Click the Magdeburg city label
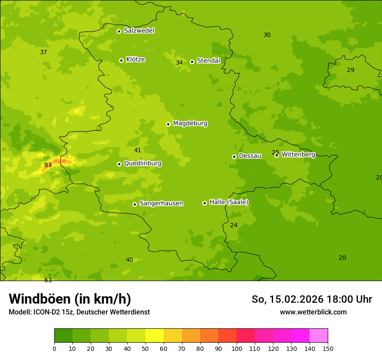190,124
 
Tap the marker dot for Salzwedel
119,31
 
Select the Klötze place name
135,60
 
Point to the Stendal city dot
192,62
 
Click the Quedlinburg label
142,164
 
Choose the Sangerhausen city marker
135,204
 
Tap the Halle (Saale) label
229,202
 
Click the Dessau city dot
234,157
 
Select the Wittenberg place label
298,154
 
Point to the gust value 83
48,165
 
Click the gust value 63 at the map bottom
48,280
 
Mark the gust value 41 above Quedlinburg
138,150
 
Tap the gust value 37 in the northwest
43,52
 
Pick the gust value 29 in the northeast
351,70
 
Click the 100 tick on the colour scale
237,348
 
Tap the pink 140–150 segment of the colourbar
319,336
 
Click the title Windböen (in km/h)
70,299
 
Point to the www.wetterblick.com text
313,312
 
